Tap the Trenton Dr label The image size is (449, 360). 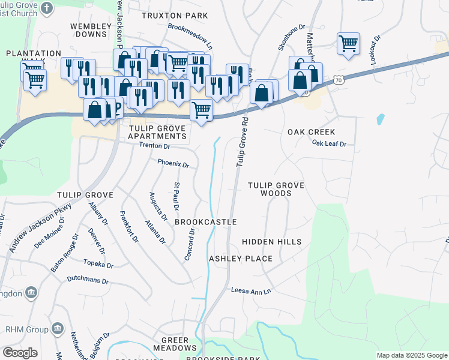(x=155, y=146)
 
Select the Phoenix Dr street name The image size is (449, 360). (x=173, y=164)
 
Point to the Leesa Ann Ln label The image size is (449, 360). (x=252, y=290)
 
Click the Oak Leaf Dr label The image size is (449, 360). (x=330, y=143)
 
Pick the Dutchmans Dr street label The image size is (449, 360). (x=88, y=280)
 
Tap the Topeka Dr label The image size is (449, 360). (x=98, y=264)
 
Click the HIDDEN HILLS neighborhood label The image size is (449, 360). (x=271, y=241)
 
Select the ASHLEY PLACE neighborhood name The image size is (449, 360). (x=240, y=259)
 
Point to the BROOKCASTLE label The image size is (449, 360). (x=205, y=222)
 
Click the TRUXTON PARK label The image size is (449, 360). (x=175, y=15)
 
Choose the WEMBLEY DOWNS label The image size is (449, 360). (x=92, y=30)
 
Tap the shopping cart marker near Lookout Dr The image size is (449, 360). (x=348, y=43)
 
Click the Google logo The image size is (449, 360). (x=20, y=353)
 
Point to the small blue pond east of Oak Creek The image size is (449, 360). (x=380, y=119)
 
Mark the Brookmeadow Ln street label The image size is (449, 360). (x=190, y=37)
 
